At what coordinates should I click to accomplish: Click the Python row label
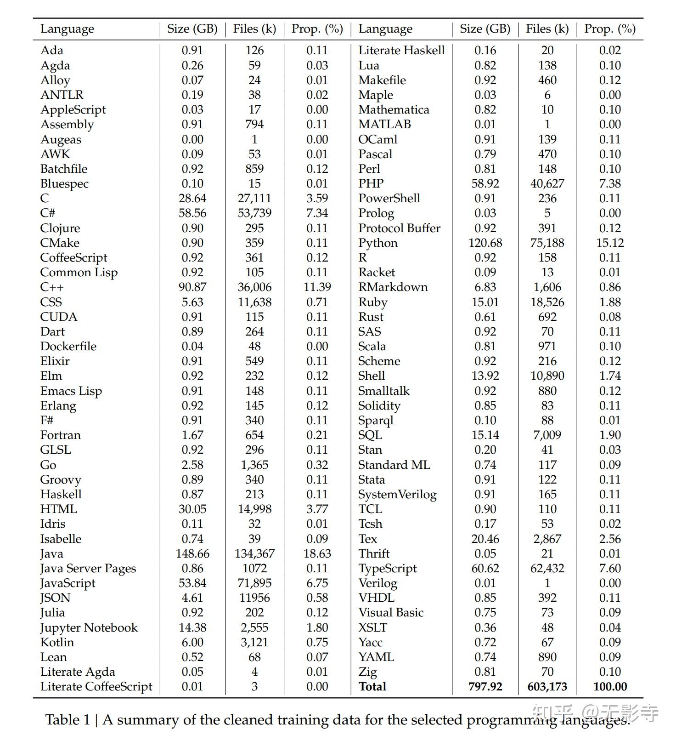(x=378, y=243)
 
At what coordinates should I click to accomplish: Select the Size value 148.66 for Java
(x=192, y=553)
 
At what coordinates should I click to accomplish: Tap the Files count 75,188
(x=547, y=243)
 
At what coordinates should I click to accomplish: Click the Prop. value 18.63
(x=317, y=553)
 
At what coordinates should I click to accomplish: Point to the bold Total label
(x=372, y=686)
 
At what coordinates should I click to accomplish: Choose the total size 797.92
(x=485, y=686)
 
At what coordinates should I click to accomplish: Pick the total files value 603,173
(x=547, y=686)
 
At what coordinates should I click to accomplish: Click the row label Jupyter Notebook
(x=89, y=627)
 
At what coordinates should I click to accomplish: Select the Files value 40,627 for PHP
(x=547, y=183)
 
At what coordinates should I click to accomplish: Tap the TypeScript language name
(x=388, y=568)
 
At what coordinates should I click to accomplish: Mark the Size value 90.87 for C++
(x=192, y=287)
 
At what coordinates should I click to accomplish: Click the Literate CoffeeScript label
(x=96, y=686)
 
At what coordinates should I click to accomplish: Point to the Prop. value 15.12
(x=610, y=243)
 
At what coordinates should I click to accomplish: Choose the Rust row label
(x=371, y=317)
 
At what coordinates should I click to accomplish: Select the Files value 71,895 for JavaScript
(x=254, y=583)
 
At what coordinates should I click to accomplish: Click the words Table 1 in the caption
(x=68, y=719)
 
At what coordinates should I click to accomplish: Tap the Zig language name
(x=367, y=672)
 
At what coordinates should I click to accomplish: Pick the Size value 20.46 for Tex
(x=485, y=539)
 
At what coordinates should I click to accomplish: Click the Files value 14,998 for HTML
(x=254, y=509)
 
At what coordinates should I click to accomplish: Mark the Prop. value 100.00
(x=610, y=686)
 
